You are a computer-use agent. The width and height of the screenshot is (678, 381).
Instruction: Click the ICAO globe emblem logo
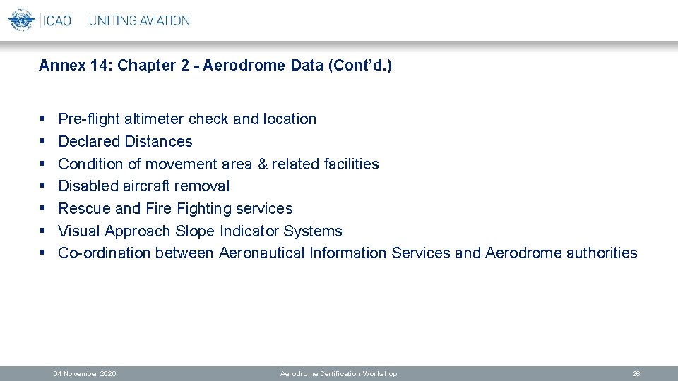pos(21,20)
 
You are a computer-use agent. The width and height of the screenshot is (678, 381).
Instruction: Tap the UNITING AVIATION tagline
pos(139,20)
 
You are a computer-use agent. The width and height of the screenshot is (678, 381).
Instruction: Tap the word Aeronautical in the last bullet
pos(262,253)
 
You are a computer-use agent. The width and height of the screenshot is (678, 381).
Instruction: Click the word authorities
pos(601,253)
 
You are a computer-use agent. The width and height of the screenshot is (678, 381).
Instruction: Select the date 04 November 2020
pos(85,373)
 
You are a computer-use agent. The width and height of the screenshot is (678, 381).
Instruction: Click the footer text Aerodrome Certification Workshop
pos(338,373)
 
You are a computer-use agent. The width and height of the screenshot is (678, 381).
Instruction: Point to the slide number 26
pos(636,373)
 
